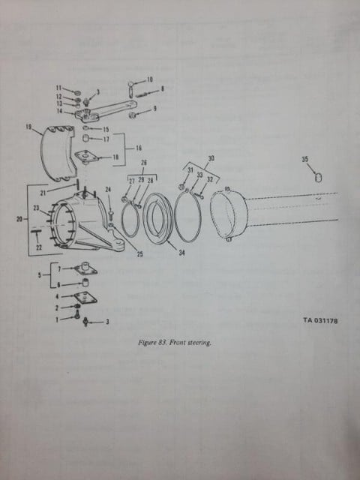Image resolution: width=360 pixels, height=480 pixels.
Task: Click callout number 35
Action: (305, 160)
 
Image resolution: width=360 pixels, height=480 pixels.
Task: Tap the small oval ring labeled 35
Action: (318, 178)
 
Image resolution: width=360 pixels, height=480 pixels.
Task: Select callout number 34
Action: (181, 253)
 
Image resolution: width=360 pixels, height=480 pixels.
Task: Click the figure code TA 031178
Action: (320, 320)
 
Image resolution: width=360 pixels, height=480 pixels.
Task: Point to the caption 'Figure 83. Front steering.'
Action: (175, 343)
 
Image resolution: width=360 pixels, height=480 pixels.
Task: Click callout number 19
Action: (28, 127)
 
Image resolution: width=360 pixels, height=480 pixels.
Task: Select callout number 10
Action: (150, 79)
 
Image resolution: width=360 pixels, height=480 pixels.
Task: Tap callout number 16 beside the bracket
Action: (139, 148)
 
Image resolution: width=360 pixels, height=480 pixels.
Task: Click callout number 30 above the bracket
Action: (211, 158)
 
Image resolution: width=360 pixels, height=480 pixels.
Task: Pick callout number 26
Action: (143, 163)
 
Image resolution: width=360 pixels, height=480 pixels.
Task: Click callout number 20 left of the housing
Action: (19, 219)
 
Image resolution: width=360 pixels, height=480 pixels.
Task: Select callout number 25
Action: (140, 254)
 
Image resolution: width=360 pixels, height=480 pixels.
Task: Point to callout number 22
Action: (39, 247)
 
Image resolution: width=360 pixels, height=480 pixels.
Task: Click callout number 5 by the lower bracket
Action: (39, 275)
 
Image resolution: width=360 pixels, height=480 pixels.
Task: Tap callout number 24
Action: (108, 190)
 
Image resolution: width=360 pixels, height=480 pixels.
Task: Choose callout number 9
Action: (155, 108)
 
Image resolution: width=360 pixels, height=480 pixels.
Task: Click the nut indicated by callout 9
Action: (133, 115)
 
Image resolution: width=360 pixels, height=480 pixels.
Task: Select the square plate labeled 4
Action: (86, 298)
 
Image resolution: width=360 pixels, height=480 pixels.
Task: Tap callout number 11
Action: (58, 88)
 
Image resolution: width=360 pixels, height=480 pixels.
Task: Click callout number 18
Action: (115, 157)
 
